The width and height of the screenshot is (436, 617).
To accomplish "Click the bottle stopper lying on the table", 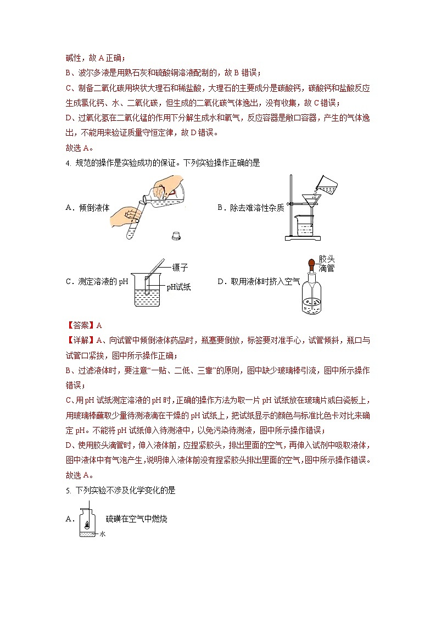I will pyautogui.click(x=176, y=236).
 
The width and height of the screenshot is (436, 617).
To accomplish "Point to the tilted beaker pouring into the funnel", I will pyautogui.click(x=327, y=185).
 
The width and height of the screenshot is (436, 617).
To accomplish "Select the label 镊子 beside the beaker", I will pyautogui.click(x=180, y=268).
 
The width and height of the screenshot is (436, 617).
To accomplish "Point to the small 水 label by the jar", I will pyautogui.click(x=102, y=533).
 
